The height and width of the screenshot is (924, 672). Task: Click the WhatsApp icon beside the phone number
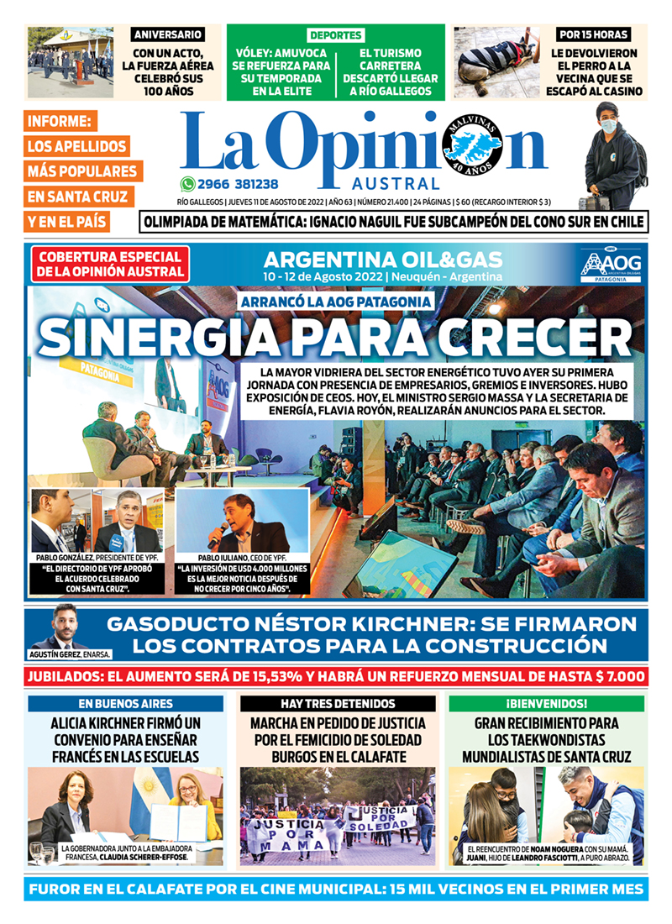point(186,184)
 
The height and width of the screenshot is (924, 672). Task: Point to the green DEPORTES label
point(335,35)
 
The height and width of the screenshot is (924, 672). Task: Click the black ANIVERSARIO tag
point(168,34)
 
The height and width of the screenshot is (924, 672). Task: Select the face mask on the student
point(607,126)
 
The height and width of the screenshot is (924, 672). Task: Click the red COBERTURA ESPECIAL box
point(108,264)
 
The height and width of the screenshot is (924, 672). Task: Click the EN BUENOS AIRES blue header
point(126,703)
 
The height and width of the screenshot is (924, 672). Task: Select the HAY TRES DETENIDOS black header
point(338,703)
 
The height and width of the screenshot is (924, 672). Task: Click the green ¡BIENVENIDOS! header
point(546,703)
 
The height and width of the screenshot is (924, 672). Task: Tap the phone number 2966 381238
point(239,184)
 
